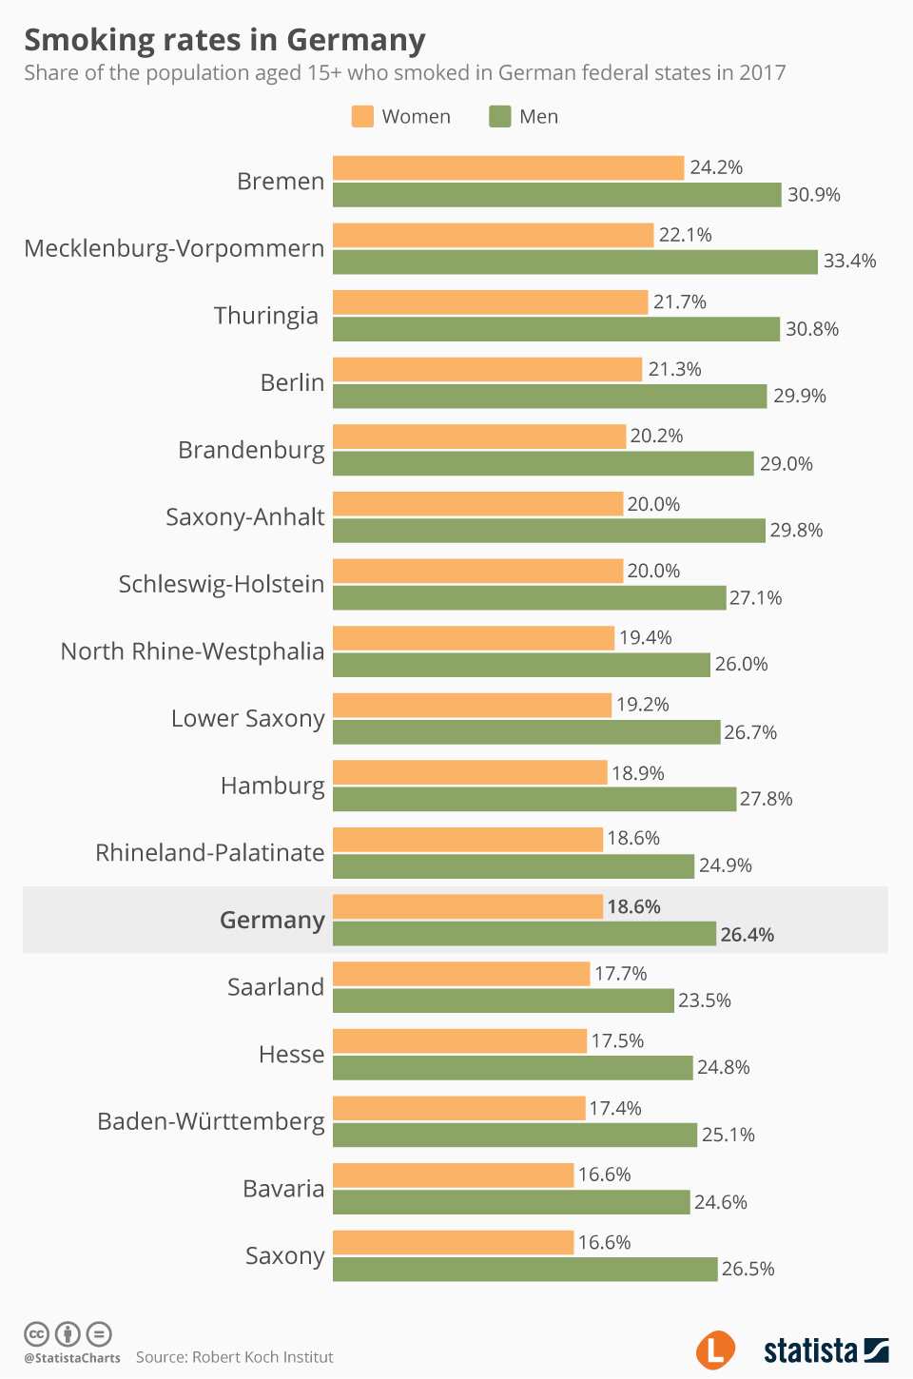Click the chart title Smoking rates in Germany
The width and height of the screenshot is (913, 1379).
click(224, 40)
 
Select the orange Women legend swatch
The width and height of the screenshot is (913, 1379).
click(362, 116)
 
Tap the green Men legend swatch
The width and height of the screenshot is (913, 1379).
click(500, 116)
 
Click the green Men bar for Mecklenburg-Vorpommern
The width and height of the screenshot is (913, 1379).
click(574, 262)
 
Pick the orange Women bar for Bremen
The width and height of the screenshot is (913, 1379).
click(508, 167)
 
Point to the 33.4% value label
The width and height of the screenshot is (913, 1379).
click(849, 262)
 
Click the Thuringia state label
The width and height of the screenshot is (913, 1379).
click(265, 316)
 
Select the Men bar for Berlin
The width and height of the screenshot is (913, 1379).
click(550, 397)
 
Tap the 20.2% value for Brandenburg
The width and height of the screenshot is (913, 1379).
click(656, 436)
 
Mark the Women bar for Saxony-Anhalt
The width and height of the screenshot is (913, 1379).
click(477, 504)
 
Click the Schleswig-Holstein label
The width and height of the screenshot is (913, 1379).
click(221, 584)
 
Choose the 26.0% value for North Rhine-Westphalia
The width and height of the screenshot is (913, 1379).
click(741, 665)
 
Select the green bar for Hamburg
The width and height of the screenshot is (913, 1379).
click(534, 799)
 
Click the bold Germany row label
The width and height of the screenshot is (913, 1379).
click(272, 921)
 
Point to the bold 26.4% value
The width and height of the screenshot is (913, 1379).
click(747, 935)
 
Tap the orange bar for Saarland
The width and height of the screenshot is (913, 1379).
click(461, 974)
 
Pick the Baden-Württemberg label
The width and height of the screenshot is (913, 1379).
click(210, 1122)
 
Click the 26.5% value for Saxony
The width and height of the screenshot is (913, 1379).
click(748, 1270)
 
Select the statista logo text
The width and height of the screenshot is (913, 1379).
click(810, 1350)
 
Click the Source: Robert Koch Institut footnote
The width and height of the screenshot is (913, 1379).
click(234, 1357)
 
